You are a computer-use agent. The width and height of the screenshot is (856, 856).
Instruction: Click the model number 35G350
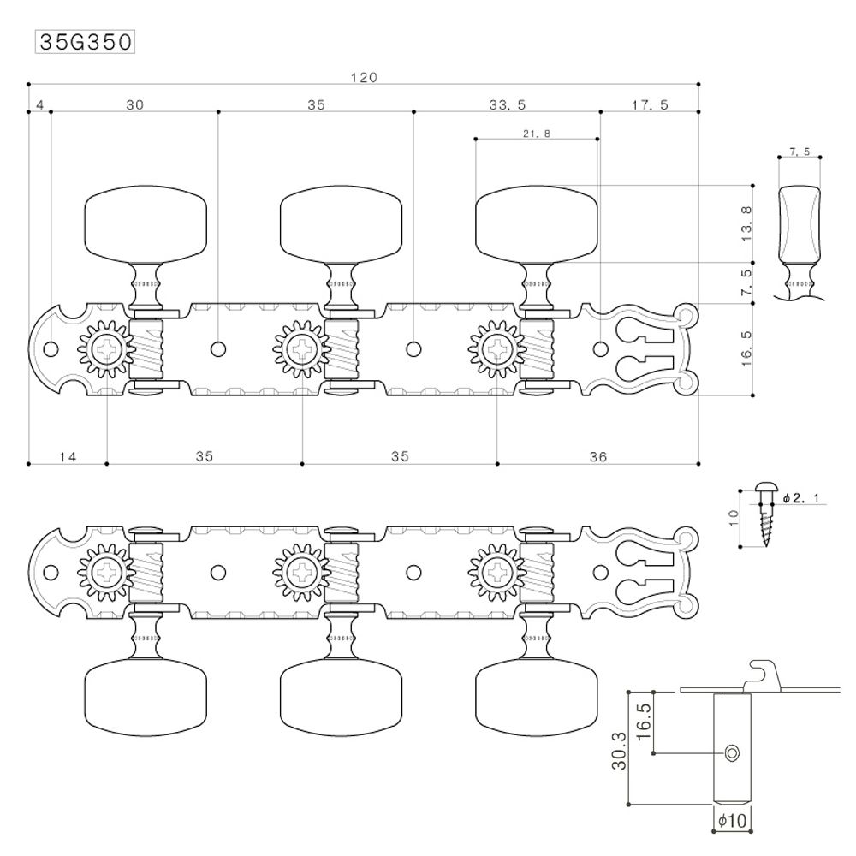click(84, 42)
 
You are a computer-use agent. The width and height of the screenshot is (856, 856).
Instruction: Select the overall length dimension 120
click(364, 77)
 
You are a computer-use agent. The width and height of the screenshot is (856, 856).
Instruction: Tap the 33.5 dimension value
click(508, 105)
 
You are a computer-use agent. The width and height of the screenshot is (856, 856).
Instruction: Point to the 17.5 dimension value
click(650, 105)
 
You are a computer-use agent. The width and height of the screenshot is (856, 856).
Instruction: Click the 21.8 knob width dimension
click(536, 134)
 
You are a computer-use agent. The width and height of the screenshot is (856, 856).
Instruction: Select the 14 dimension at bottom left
click(68, 457)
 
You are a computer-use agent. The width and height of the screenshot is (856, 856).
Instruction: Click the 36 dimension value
click(597, 457)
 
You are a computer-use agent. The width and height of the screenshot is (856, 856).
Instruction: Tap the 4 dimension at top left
click(40, 105)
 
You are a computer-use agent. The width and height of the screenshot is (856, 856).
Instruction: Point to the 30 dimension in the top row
click(134, 105)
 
